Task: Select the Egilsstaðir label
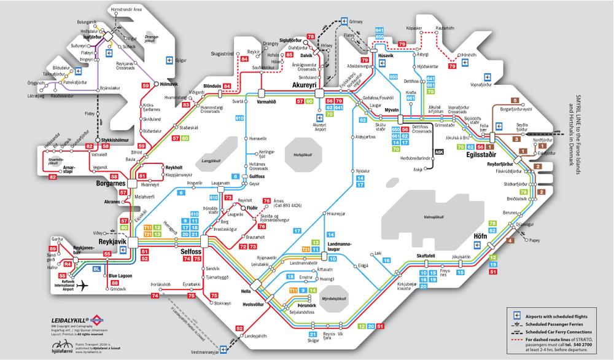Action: (x=483, y=156)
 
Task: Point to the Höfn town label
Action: (x=481, y=237)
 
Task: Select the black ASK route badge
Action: (x=438, y=152)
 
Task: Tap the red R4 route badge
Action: (x=68, y=264)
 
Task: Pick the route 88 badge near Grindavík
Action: (x=114, y=283)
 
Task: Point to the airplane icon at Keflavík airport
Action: (x=80, y=285)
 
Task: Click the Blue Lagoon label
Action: (x=120, y=276)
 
